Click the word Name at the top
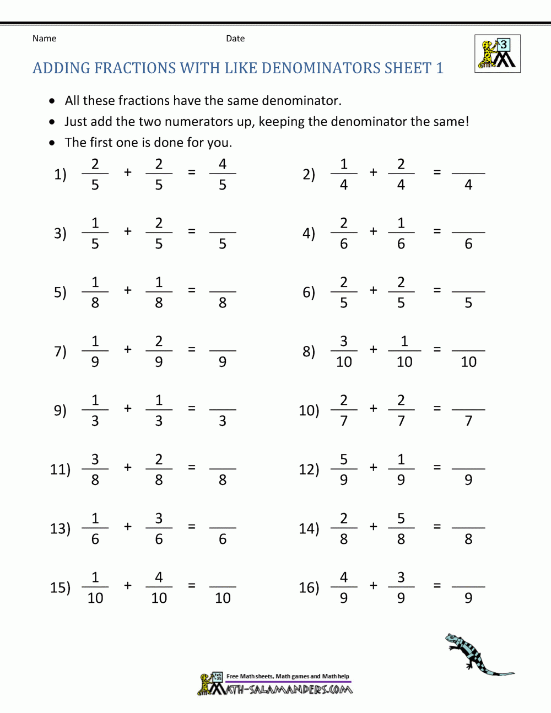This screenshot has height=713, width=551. coord(44,39)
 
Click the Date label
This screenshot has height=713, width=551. coord(235,39)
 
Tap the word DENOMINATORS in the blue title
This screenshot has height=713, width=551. coord(320,68)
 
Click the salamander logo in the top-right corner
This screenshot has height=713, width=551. coord(498,53)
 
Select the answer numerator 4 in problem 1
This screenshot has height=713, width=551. coord(223,164)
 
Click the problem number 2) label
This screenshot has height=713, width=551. coord(309,174)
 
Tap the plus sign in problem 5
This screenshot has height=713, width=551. coord(128,290)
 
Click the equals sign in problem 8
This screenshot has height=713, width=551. coord(437,349)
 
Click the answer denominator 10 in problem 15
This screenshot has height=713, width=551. coord(223,598)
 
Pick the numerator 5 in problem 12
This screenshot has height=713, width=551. coord(344,459)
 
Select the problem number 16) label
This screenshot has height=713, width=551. coord(309,587)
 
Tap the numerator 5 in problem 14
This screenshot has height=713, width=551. coord(401,518)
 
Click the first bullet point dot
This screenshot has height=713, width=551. coord(52,101)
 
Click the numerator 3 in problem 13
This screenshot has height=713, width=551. coord(159,518)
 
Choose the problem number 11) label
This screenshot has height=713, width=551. coord(60,469)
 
